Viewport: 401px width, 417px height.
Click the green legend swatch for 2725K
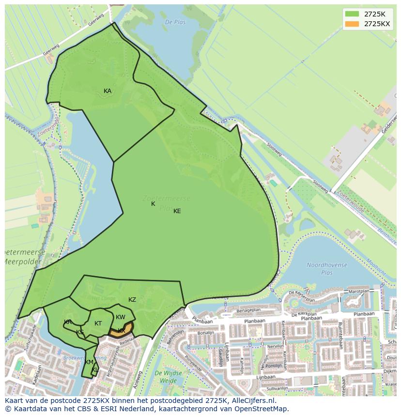pos(352,14)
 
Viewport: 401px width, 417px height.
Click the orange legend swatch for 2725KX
pos(352,24)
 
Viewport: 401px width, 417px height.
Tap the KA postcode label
pos(108,91)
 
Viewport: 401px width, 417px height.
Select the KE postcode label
pos(177,211)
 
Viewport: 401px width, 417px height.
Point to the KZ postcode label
pos(132,300)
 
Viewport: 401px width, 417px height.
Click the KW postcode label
pos(121,317)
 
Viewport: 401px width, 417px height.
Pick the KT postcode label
pos(98,324)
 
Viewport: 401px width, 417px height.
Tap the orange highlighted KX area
pos(119,332)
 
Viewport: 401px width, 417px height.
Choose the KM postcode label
pos(89,362)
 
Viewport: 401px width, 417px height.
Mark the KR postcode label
pos(68,322)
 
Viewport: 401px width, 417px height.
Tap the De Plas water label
pos(175,22)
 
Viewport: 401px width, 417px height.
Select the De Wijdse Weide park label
pos(169,376)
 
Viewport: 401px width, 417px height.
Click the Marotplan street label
pos(359,292)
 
